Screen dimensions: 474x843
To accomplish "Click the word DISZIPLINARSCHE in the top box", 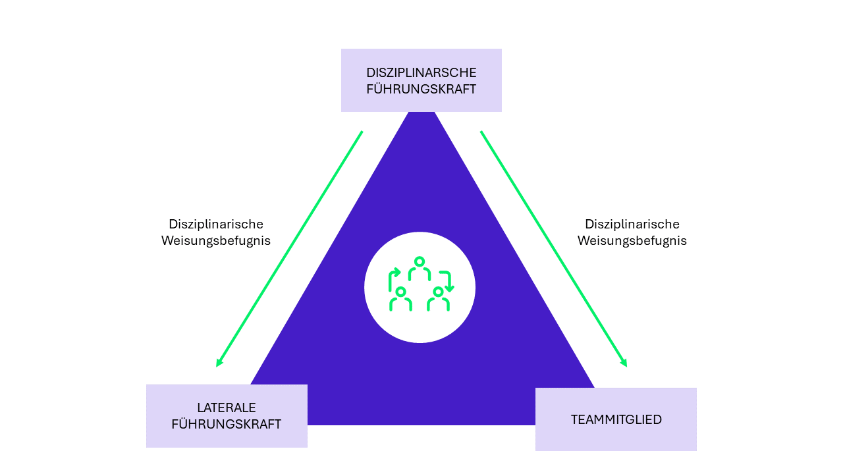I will point(421,72).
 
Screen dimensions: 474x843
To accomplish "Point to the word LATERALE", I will point(227,408).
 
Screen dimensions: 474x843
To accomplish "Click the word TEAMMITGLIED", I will point(616,420).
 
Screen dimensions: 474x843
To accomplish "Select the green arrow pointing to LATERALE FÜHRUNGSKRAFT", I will point(290,248).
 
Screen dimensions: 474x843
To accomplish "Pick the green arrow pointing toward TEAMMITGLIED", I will point(553,248).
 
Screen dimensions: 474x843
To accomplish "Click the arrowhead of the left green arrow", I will point(219,363).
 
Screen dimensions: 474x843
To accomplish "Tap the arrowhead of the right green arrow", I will point(624,363).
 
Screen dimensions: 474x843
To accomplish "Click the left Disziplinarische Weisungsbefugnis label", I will point(216,232).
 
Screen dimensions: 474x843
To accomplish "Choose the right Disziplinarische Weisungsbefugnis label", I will point(632,232).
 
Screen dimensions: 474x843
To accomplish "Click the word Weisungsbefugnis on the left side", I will point(216,241).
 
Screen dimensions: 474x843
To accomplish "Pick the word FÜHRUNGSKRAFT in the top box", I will point(421,90).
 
